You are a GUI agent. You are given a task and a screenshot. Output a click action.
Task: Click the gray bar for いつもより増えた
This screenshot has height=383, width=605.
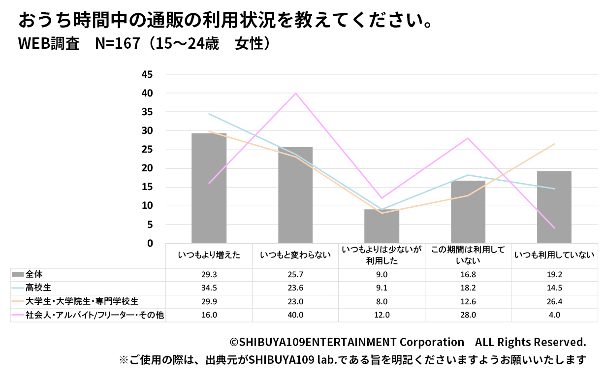(x=209, y=188)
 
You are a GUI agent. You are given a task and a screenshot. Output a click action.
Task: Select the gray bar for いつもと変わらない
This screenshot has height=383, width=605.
(x=295, y=195)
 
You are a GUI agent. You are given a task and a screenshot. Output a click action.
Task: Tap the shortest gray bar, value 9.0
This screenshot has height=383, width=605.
(x=382, y=226)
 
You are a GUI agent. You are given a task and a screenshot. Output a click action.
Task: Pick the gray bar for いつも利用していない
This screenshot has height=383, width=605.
(x=554, y=207)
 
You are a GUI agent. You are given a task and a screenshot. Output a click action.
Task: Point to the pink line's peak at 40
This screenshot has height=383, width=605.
(x=295, y=93)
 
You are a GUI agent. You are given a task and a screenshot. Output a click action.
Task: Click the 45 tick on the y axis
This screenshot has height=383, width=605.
(x=147, y=74)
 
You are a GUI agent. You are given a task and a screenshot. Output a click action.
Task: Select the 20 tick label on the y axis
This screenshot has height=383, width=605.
(x=147, y=168)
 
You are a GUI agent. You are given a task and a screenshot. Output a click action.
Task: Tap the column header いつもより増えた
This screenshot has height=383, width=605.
(x=209, y=255)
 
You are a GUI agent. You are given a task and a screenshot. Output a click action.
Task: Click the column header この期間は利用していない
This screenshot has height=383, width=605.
(x=468, y=255)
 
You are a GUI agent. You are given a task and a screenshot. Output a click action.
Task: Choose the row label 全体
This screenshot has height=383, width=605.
(x=34, y=274)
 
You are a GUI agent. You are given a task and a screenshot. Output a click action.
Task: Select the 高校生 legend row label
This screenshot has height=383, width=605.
(x=38, y=287)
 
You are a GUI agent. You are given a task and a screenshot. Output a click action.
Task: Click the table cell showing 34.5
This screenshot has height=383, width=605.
(x=209, y=288)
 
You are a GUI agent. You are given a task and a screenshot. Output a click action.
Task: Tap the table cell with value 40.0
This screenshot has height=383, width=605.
(x=295, y=315)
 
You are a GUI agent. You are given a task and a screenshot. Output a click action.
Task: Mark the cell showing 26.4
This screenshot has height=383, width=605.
(x=554, y=301)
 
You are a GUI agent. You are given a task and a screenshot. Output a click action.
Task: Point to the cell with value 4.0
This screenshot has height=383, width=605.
(x=554, y=315)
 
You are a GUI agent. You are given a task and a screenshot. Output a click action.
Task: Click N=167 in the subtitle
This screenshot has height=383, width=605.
(x=113, y=44)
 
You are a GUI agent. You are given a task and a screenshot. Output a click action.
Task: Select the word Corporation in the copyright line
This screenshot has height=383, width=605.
(x=431, y=342)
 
